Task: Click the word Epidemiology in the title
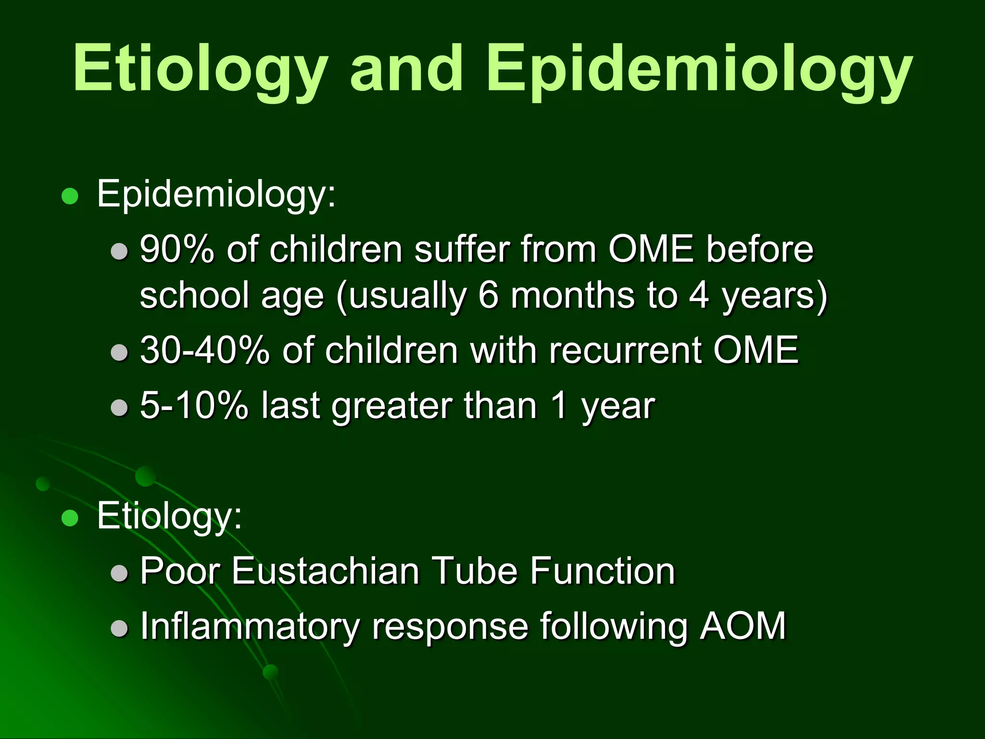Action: point(699,68)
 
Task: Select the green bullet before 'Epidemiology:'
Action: point(70,196)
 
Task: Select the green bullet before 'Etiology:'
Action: point(70,518)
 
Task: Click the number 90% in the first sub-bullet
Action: point(177,250)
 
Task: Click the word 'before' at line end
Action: point(759,250)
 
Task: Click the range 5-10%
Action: point(194,406)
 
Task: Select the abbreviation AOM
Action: point(743,626)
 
